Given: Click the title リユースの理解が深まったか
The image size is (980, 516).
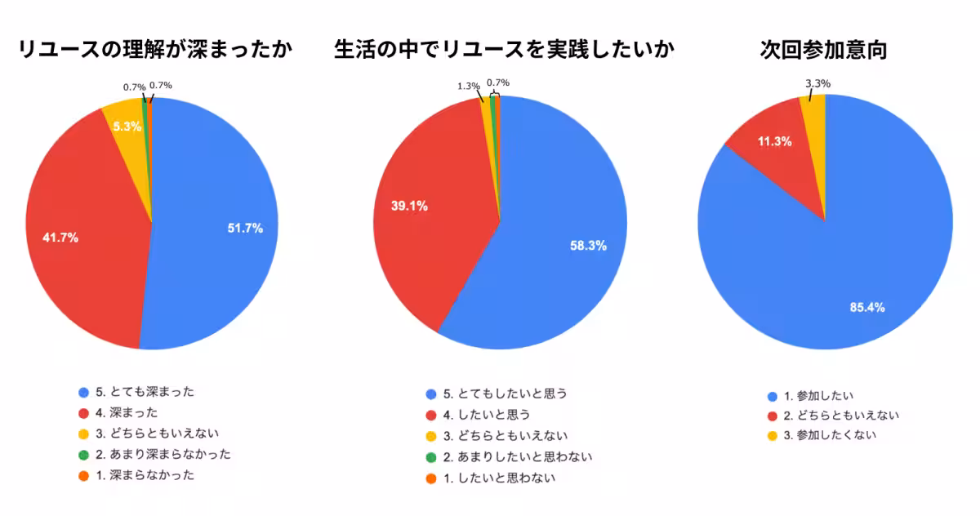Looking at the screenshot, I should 154,50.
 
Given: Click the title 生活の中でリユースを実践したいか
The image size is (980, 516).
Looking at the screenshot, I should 504,50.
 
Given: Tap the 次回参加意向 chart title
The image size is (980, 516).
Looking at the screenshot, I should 822,50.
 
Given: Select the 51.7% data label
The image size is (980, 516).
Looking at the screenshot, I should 245,229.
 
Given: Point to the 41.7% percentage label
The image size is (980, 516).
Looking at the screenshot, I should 60,238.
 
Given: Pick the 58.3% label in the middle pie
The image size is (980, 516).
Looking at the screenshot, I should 588,245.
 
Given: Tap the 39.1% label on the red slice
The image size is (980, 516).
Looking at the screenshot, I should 409,206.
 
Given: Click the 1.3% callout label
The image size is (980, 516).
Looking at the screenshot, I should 468,86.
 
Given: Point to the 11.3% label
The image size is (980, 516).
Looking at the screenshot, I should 774,141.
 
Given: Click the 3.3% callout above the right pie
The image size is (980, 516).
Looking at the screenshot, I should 817,83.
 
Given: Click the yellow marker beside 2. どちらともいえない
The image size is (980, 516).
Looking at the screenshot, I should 773,416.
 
